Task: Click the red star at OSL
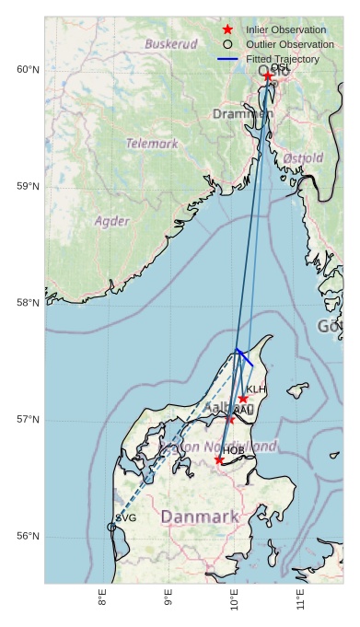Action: point(268,76)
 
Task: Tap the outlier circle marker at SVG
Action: point(112,527)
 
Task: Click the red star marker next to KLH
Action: point(243,399)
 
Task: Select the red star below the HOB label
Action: point(219,459)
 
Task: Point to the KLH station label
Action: point(256,389)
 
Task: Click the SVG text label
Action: point(126,518)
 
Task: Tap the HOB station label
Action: point(234,450)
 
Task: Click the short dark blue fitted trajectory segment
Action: point(244,357)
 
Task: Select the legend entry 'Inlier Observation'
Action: point(286,29)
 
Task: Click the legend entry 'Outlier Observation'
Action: point(290,44)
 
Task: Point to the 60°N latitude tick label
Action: point(28,70)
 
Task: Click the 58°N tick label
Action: point(28,303)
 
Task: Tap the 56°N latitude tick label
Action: point(28,536)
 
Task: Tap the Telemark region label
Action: point(152,144)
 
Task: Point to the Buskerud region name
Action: point(171,43)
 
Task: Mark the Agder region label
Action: point(111,221)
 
